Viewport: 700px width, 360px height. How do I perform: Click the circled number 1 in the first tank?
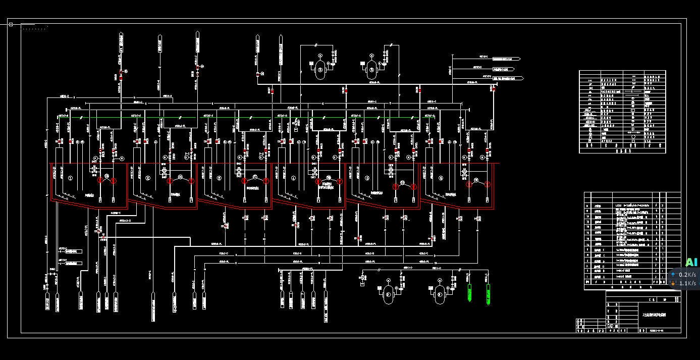pyautogui.click(x=71, y=178)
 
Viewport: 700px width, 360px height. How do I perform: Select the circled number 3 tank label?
pyautogui.click(x=220, y=178)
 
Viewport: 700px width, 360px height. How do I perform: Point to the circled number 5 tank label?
pyautogui.click(x=367, y=178)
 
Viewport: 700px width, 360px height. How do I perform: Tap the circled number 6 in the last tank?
pyautogui.click(x=441, y=178)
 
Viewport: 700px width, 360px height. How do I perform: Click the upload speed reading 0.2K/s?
pyautogui.click(x=687, y=275)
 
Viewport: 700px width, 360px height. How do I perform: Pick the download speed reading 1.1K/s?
pyautogui.click(x=687, y=283)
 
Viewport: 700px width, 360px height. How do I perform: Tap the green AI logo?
pyautogui.click(x=691, y=262)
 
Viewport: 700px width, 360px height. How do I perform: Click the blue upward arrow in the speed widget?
pyautogui.click(x=673, y=275)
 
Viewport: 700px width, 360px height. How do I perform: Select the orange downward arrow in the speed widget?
pyautogui.click(x=673, y=283)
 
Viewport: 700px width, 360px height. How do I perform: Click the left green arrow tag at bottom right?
pyautogui.click(x=469, y=293)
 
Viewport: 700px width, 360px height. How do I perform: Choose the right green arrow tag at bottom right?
pyautogui.click(x=488, y=293)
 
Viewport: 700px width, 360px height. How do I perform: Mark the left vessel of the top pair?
pyautogui.click(x=319, y=70)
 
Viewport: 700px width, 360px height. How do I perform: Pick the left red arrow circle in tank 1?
pyautogui.click(x=100, y=180)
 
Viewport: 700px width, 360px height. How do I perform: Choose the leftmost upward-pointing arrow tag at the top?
pyautogui.click(x=121, y=42)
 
